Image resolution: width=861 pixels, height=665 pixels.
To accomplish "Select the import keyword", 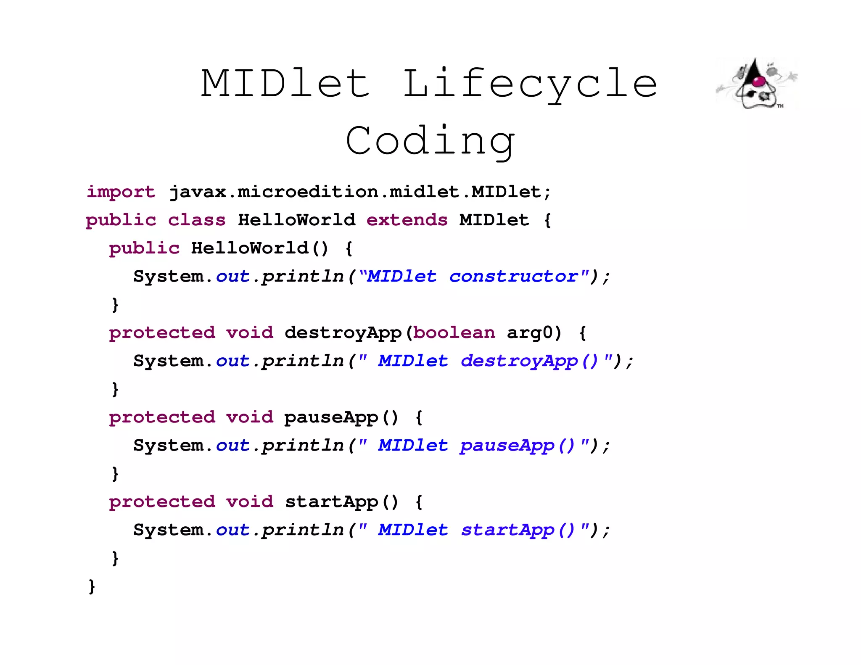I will (121, 192).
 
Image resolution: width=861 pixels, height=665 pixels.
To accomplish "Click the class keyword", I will (196, 220).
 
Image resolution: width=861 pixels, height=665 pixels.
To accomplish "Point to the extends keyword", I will (407, 220).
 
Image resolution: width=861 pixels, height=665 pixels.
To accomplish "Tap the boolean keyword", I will (454, 333).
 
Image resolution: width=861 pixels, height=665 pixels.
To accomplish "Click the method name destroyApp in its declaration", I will (343, 333).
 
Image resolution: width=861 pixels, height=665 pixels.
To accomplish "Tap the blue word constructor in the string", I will (513, 277).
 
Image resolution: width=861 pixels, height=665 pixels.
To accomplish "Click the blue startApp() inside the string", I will (518, 530).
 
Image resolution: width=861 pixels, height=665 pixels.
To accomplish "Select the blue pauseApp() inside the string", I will (517, 446).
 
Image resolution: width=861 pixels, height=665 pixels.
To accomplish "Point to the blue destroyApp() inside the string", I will (529, 361).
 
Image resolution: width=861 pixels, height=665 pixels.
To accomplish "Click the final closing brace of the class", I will (92, 586).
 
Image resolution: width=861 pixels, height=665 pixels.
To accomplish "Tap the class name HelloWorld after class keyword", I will (296, 220).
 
